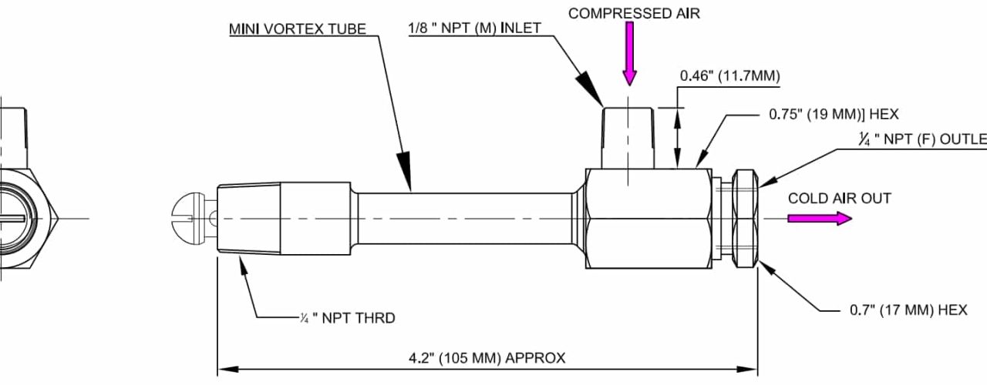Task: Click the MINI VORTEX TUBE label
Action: click(297, 29)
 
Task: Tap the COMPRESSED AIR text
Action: click(634, 13)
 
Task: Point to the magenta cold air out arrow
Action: click(819, 219)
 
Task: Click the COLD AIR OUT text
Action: click(839, 199)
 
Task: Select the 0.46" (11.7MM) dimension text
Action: click(729, 75)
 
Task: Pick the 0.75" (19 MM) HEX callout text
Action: click(834, 115)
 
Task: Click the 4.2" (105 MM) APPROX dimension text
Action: click(487, 357)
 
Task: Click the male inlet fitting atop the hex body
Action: click(629, 137)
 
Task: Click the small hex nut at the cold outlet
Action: click(743, 219)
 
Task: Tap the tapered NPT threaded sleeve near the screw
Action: click(248, 219)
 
